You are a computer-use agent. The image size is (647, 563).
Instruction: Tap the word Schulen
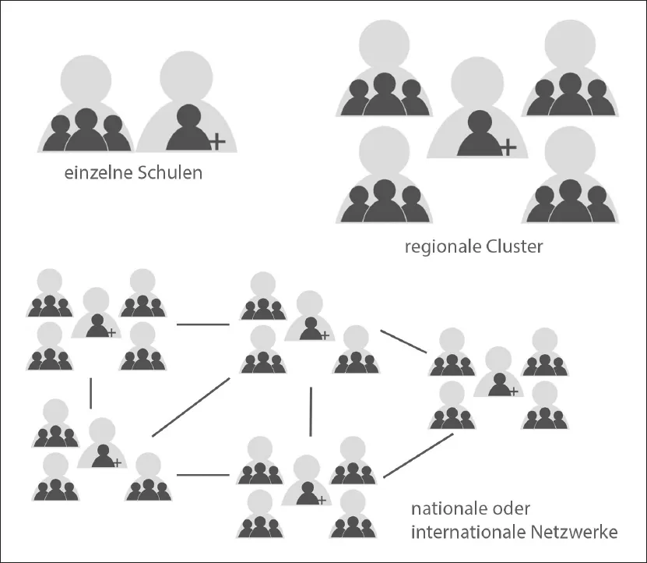[169, 172]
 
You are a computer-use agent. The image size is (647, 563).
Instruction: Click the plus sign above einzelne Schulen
[217, 141]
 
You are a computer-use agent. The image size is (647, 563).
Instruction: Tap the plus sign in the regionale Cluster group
[508, 147]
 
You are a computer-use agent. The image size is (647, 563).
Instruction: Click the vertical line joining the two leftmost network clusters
[91, 392]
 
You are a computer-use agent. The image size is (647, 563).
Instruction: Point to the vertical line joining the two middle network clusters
[311, 411]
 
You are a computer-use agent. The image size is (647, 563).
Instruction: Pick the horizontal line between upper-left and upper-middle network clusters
[202, 323]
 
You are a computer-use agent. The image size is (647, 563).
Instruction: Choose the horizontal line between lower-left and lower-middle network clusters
[202, 474]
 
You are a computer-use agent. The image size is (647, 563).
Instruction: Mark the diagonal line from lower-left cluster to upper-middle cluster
[191, 407]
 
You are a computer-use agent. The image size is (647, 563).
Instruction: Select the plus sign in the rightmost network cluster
[514, 390]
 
